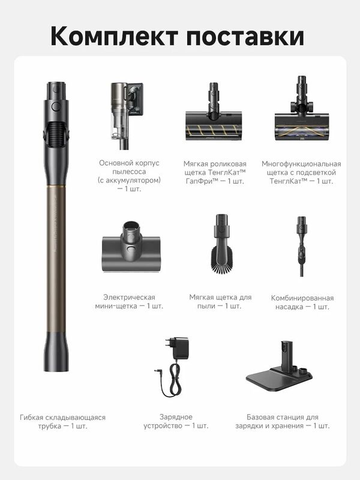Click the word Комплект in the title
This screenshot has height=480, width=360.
point(114,36)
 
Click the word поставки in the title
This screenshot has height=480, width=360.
point(245,37)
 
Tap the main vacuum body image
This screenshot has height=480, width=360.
point(127,116)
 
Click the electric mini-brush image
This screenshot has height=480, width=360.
point(131,247)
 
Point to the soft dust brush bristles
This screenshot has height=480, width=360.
point(222,260)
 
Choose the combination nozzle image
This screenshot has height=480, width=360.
point(302,247)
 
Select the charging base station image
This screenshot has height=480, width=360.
point(279,367)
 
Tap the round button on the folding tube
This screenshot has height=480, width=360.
point(56,106)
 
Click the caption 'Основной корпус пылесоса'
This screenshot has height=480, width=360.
point(129,167)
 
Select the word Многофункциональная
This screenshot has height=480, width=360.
point(301,164)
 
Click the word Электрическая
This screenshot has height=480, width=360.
point(129,297)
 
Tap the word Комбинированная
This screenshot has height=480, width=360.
point(302,298)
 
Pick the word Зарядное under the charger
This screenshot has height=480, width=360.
point(176,417)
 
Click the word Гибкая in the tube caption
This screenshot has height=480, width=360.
point(30,417)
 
